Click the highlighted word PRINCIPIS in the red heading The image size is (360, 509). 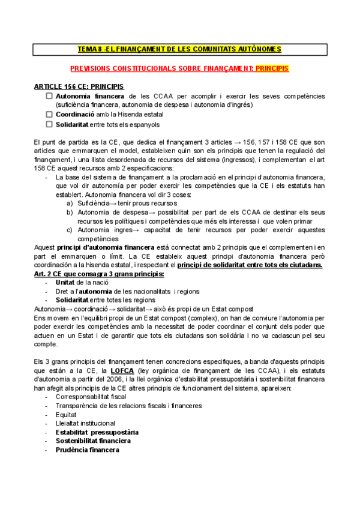272,69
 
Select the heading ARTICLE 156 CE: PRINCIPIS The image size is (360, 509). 79,86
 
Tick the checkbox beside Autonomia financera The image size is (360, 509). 49,95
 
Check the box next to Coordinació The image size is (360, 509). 49,114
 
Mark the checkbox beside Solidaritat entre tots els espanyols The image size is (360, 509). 49,124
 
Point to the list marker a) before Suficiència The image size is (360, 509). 70,203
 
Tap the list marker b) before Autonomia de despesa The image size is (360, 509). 70,212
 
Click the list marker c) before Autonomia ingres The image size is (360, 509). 70,230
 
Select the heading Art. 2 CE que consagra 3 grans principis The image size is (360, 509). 99,274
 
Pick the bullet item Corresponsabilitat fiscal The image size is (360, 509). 91,397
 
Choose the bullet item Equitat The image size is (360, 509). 66,414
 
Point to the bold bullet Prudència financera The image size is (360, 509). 87,450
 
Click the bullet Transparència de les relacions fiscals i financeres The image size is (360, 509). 128,406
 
